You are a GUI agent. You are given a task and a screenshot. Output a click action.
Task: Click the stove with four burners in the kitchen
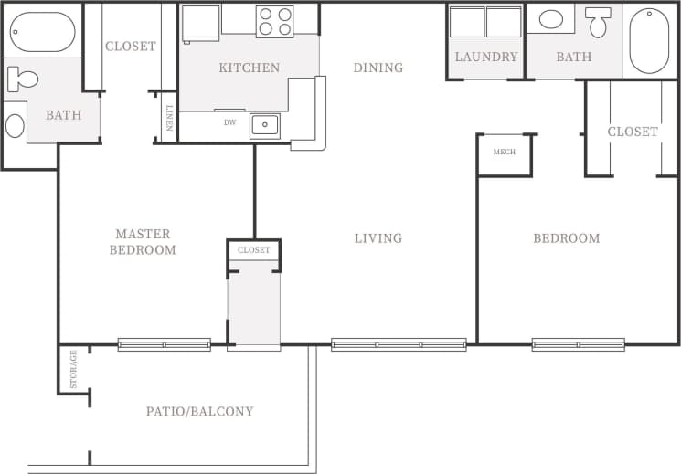[x=274, y=21]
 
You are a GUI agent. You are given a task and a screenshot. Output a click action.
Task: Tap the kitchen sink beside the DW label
[x=264, y=125]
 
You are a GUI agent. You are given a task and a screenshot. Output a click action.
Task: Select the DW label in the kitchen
[x=230, y=121]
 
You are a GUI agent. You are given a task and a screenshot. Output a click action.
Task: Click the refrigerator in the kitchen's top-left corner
[x=200, y=22]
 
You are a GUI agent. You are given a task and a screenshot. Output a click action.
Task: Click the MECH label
[x=504, y=152]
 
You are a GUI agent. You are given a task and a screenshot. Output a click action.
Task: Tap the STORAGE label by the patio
[x=73, y=368]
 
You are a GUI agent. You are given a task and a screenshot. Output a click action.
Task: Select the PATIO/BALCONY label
[x=199, y=411]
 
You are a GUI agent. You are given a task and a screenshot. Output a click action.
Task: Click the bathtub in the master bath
[x=42, y=32]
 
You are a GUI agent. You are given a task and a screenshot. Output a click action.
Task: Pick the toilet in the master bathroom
[x=22, y=79]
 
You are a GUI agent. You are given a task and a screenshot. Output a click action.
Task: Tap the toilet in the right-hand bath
[x=599, y=21]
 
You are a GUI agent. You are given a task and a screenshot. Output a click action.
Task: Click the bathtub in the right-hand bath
[x=649, y=40]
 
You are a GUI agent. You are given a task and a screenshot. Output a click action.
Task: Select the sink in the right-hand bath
[x=551, y=19]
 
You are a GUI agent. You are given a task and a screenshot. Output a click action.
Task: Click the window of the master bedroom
[x=164, y=344]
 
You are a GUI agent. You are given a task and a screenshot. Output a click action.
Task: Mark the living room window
[x=399, y=344]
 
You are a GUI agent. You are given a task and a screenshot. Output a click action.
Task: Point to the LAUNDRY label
[x=486, y=57]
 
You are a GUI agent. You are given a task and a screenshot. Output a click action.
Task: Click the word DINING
[x=378, y=68]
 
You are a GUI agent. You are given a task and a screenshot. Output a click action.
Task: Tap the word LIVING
[x=378, y=238]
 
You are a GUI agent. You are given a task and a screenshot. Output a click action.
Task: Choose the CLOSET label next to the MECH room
[x=632, y=132]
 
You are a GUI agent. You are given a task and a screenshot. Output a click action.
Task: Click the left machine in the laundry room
[x=467, y=22]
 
